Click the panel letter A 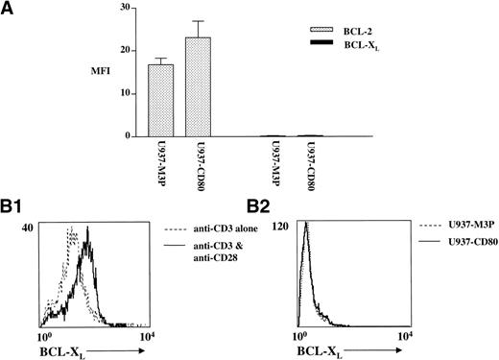coord(11,9)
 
